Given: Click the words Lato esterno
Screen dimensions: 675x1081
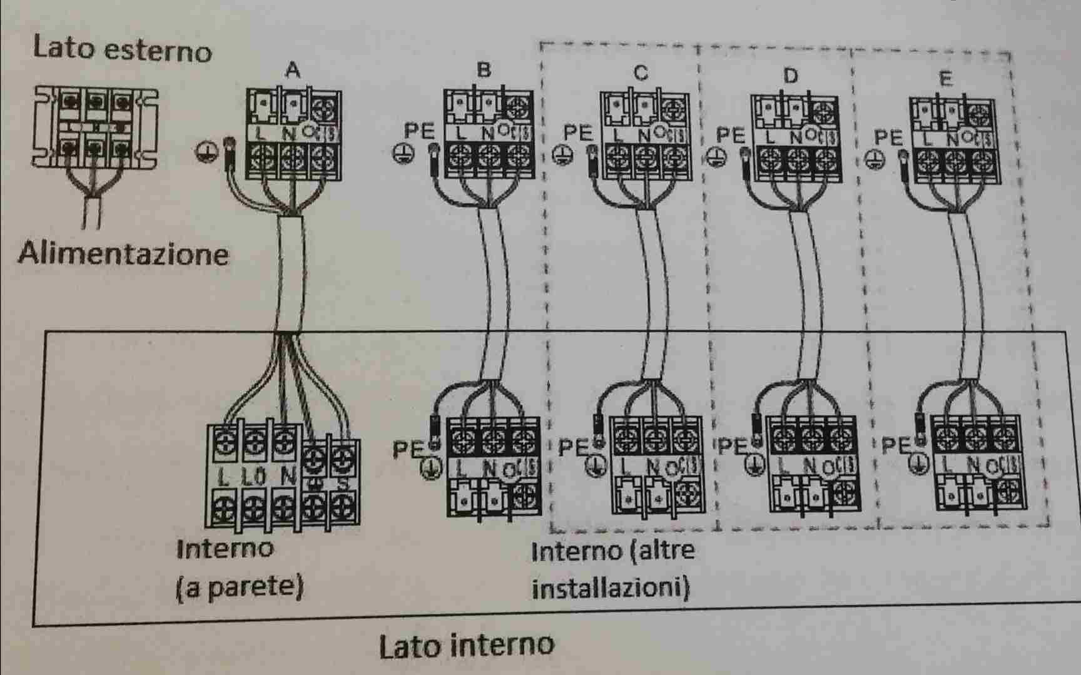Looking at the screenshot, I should (122, 49).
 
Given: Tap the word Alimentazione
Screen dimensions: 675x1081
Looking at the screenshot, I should (123, 254).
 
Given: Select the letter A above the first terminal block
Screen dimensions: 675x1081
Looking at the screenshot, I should (292, 71).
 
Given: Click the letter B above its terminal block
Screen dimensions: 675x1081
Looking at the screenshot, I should (484, 69).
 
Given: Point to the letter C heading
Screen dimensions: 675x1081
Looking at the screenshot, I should (641, 73).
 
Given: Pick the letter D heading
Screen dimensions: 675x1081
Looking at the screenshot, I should (791, 76).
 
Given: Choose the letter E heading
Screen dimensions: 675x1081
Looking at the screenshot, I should (945, 79).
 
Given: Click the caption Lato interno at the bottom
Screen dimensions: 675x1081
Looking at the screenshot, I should (467, 645).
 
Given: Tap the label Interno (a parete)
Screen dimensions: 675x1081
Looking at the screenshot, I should (240, 568).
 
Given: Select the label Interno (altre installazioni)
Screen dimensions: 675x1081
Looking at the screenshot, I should (612, 569).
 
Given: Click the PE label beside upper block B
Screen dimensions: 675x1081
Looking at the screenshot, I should (419, 131).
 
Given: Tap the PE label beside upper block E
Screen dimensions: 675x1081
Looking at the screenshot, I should (888, 138).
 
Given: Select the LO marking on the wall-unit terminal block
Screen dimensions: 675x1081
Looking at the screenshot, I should (253, 477).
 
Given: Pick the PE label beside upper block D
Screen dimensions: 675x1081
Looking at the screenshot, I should (730, 135).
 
